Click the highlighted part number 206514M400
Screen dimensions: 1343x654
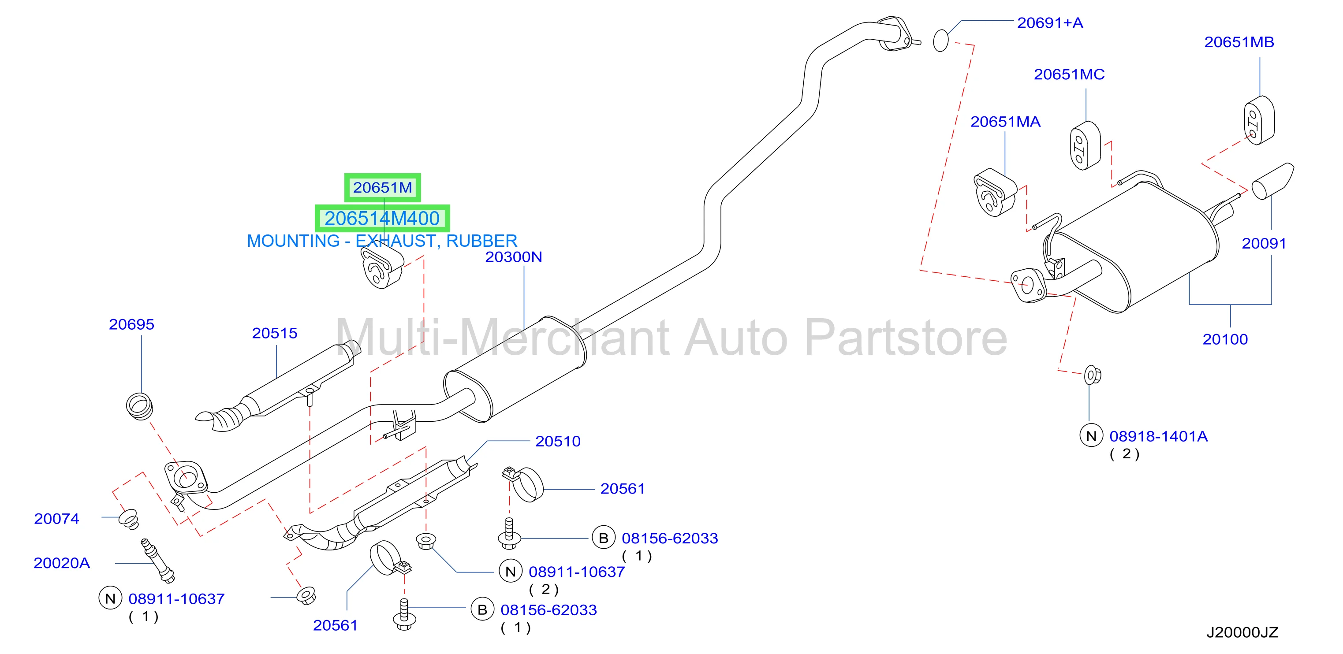[382, 218]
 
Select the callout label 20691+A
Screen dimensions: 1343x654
[1050, 23]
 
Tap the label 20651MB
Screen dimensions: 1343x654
[1239, 42]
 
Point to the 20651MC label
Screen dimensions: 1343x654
[1069, 74]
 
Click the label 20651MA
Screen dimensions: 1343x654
[1005, 122]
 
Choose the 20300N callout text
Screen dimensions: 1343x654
[514, 257]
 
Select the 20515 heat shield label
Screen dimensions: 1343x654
[275, 333]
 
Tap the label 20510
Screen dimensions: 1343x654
[558, 442]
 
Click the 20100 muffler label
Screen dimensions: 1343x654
[1225, 339]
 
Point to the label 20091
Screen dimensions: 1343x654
[1264, 243]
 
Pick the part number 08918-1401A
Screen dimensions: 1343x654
[1158, 437]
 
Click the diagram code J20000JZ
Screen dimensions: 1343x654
[1242, 633]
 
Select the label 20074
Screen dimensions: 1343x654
[56, 519]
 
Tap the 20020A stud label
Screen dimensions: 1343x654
[62, 563]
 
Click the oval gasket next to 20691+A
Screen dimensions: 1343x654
[940, 41]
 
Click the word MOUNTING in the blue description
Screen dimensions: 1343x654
[293, 241]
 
